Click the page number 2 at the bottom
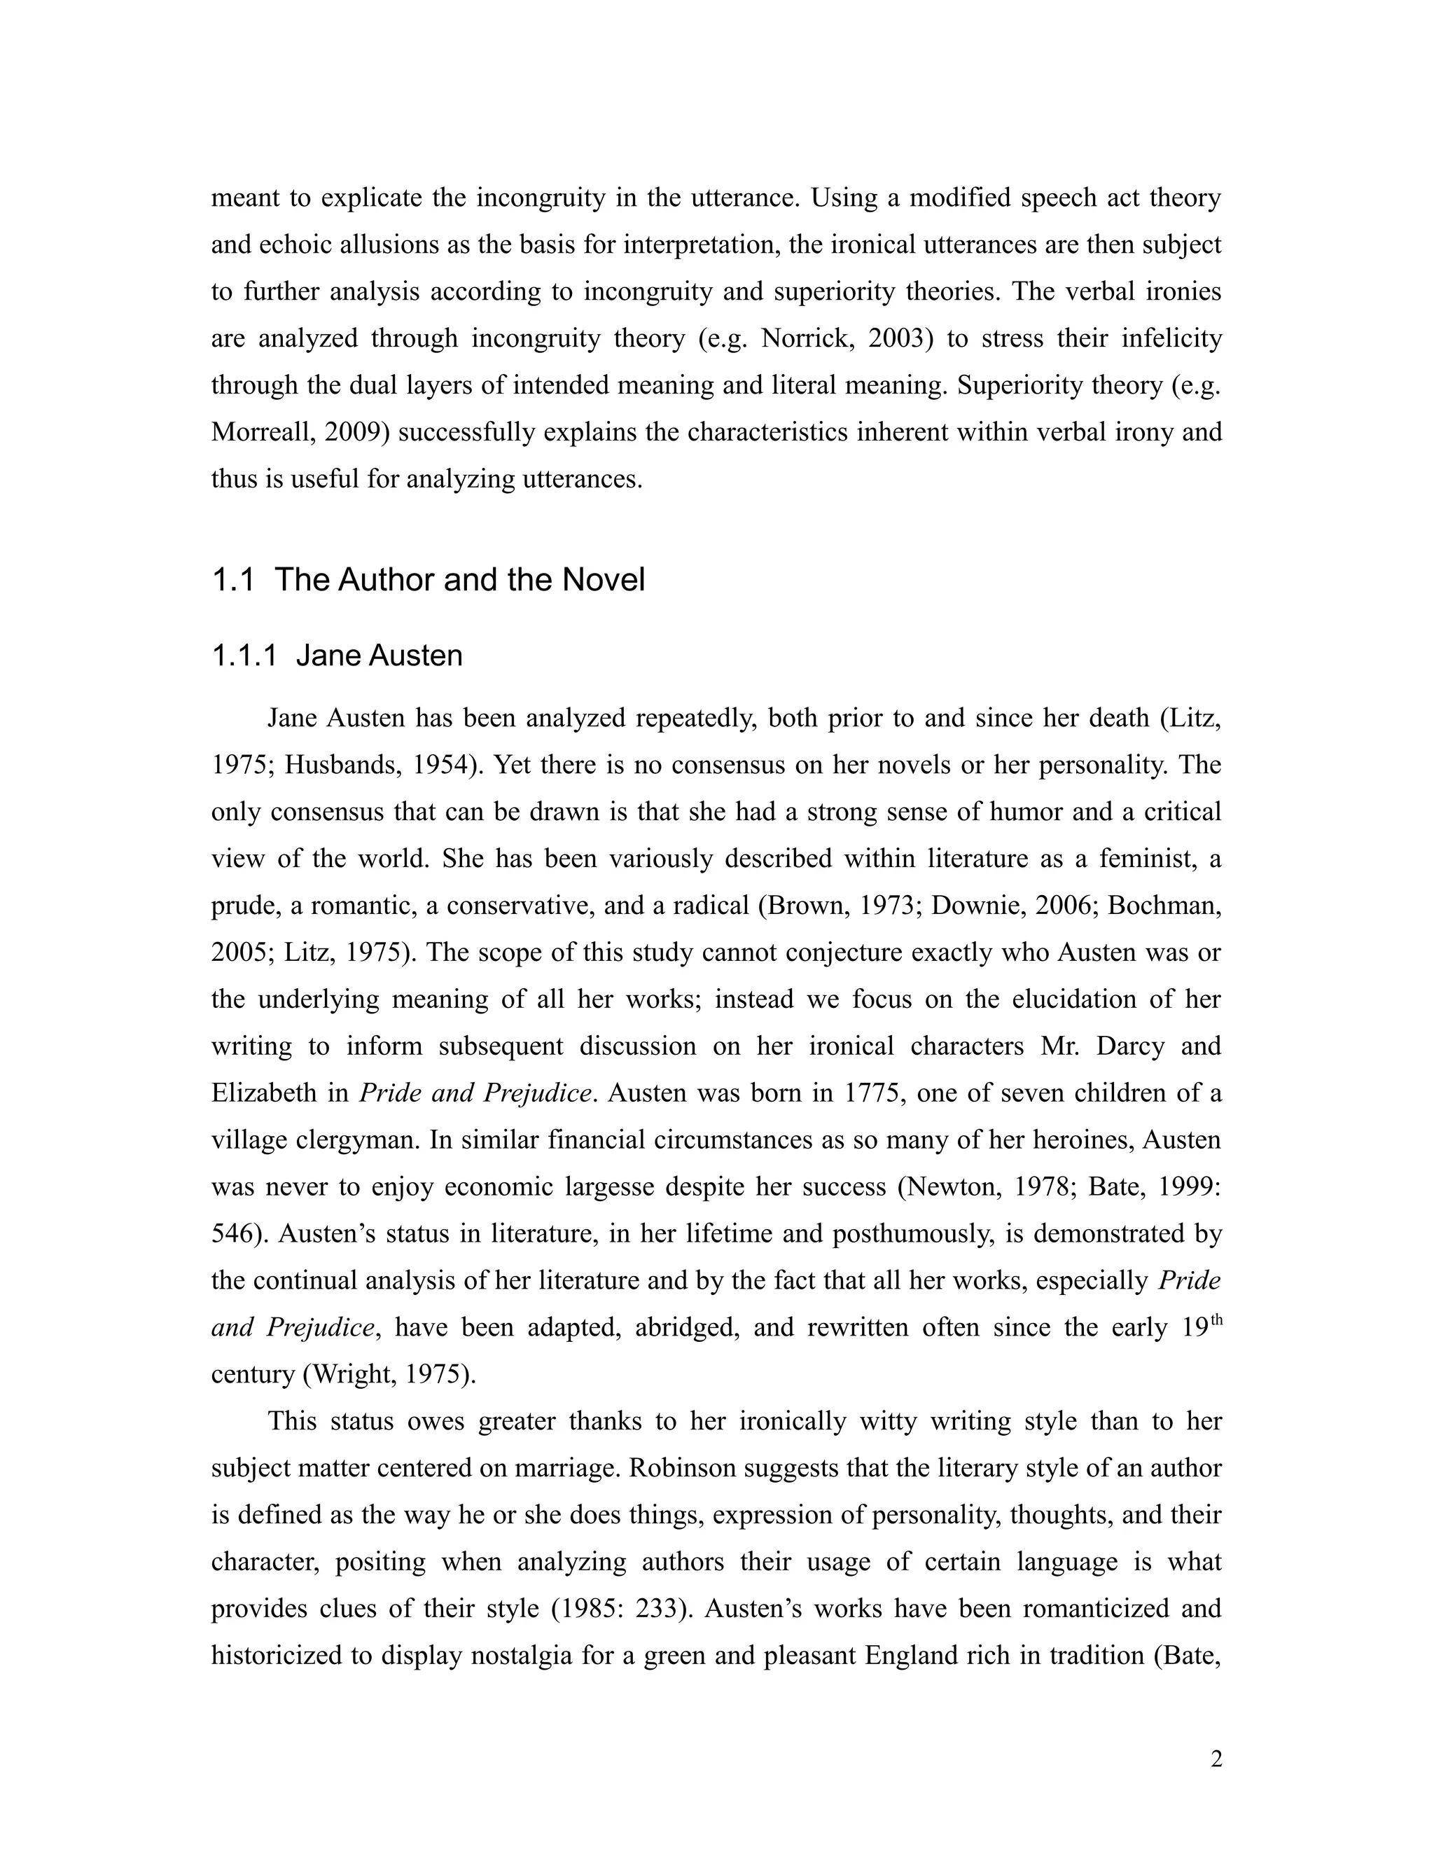coord(1216,1759)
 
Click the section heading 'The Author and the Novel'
coord(459,581)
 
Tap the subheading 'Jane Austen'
coord(379,656)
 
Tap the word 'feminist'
coord(1148,859)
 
